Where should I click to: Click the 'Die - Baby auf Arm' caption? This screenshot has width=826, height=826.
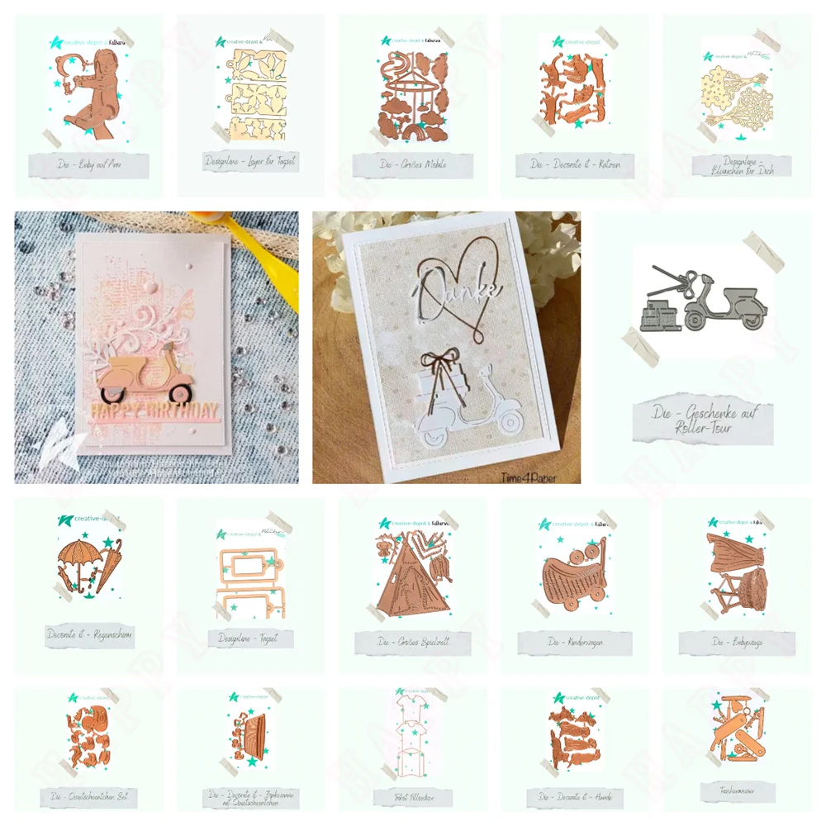(88, 164)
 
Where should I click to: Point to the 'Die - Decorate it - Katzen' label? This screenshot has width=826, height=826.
(574, 164)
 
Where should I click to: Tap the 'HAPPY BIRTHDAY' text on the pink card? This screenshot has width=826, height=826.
(154, 411)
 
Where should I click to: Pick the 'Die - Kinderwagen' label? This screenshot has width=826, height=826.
(574, 642)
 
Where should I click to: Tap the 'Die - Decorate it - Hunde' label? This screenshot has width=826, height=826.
(574, 796)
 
